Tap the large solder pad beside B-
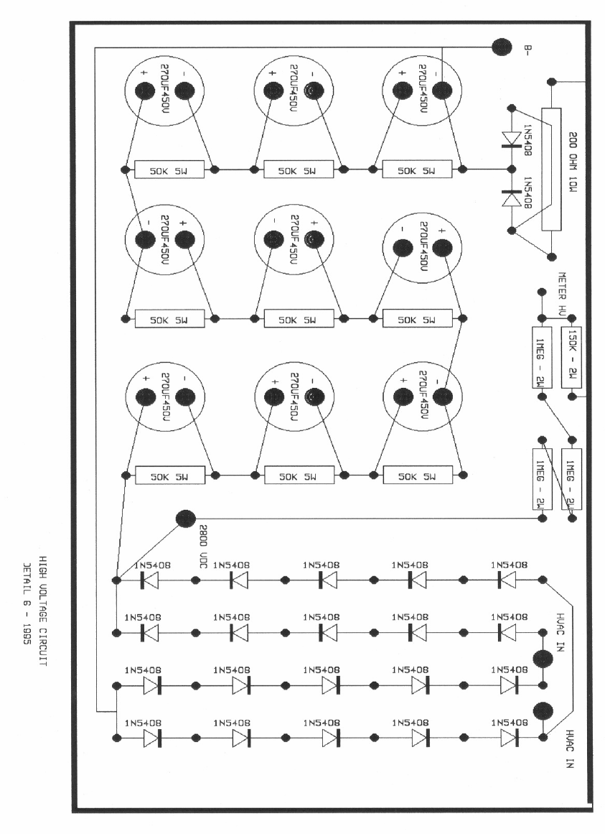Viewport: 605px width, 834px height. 501,47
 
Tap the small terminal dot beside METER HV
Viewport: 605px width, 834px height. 538,292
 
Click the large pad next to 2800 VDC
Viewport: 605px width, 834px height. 185,518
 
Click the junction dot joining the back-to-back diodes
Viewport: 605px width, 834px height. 511,170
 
